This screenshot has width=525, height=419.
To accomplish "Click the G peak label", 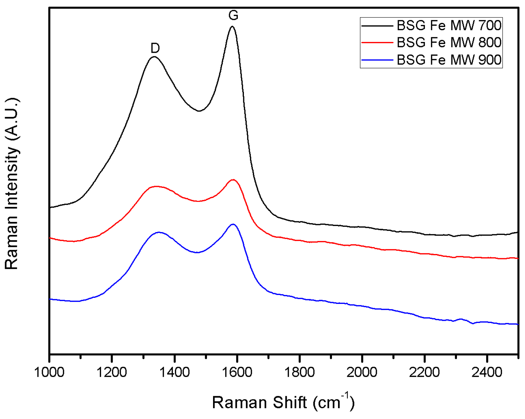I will [x=233, y=15].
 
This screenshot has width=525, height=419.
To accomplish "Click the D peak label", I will [x=155, y=48].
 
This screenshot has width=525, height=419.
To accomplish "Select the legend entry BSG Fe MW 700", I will [x=449, y=25].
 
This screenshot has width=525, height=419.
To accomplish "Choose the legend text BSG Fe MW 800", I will [x=449, y=42].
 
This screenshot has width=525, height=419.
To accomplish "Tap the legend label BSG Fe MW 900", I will [x=449, y=60].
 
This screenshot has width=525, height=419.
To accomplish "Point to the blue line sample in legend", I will [x=377, y=60].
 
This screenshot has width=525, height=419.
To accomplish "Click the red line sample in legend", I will [x=377, y=42].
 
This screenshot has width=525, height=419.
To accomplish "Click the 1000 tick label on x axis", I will [x=49, y=372].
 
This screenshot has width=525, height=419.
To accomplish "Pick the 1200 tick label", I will [x=112, y=372].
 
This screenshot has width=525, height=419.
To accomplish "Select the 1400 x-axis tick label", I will [x=174, y=372].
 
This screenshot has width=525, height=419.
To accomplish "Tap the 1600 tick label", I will [x=237, y=372].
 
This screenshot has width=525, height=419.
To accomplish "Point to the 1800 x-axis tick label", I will [x=299, y=372].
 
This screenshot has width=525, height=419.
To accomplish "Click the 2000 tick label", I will [x=362, y=372].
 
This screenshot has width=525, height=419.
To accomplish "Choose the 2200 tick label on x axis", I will [x=424, y=372].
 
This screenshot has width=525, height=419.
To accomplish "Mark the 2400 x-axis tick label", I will [x=487, y=372].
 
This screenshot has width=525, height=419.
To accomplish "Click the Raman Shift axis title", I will [x=283, y=402].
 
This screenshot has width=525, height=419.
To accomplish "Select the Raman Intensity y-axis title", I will [x=12, y=184].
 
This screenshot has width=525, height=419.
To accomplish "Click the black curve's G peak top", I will [x=232, y=26].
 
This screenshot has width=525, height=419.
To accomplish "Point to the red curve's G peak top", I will [x=233, y=180].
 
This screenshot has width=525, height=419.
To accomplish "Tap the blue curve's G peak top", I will [x=233, y=224].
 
